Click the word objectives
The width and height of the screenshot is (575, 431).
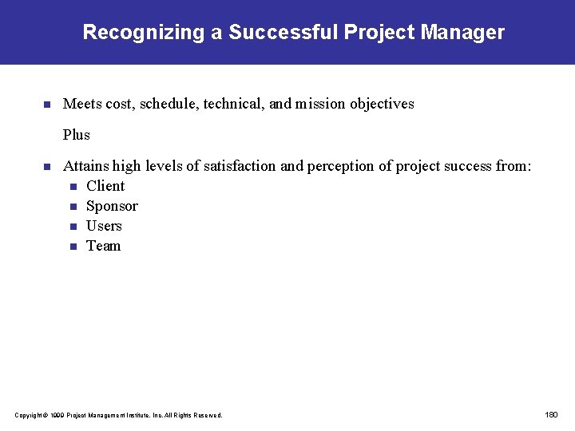(x=379, y=104)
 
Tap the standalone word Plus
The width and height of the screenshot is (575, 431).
(x=77, y=135)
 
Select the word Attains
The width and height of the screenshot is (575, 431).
(x=85, y=166)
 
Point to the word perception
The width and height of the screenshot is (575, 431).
(x=340, y=166)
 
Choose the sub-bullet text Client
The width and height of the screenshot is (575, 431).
(x=105, y=186)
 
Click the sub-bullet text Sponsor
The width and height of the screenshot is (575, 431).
(x=112, y=206)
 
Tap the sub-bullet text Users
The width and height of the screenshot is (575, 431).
(x=104, y=226)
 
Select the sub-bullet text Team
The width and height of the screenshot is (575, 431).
(x=103, y=246)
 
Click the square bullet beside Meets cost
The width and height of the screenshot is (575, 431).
(x=46, y=105)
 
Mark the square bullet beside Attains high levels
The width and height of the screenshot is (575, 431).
(x=46, y=167)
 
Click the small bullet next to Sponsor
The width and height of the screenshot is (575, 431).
(x=73, y=207)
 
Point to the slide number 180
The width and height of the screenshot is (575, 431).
(x=551, y=414)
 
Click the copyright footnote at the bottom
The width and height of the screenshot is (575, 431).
(x=118, y=415)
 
